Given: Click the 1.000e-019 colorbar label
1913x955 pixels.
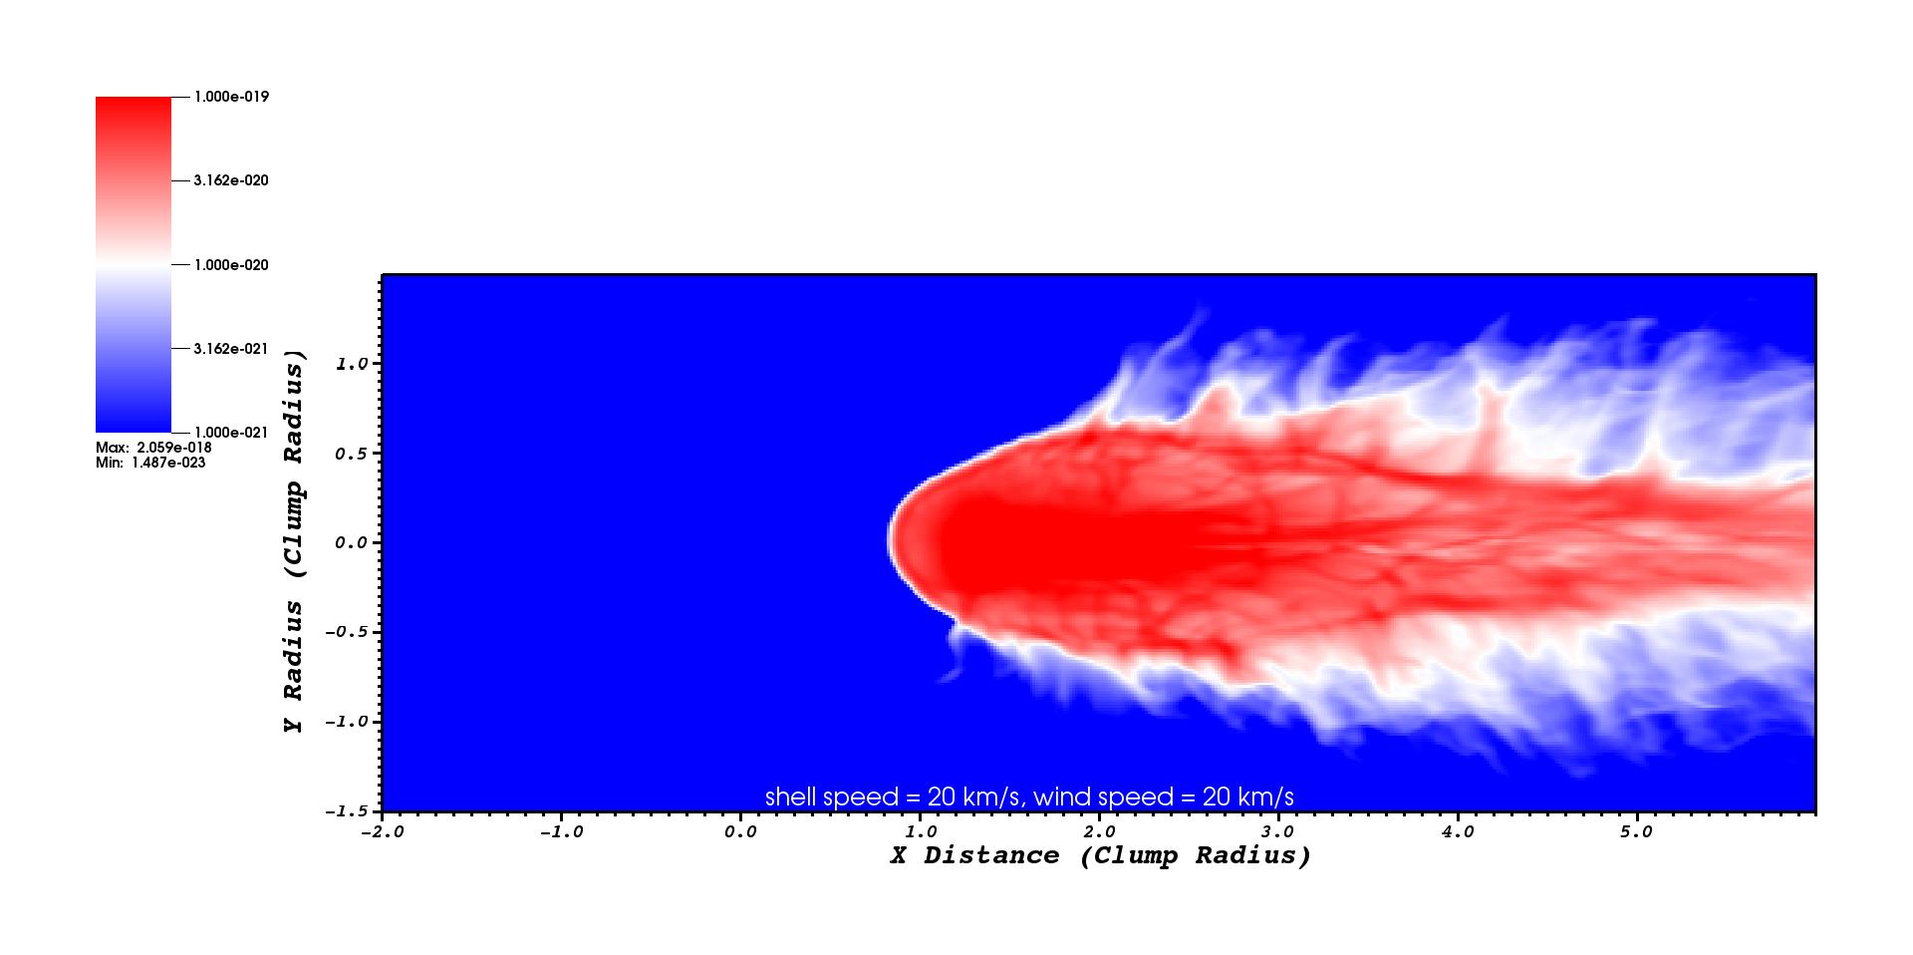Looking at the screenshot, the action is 231,97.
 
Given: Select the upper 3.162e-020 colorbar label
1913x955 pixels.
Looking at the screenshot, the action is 231,180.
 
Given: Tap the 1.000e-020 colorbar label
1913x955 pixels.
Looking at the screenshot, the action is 231,265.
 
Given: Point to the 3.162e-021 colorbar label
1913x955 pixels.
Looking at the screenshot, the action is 231,349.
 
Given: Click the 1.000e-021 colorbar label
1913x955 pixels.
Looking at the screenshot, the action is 231,433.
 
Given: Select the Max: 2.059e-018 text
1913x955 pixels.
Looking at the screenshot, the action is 153,448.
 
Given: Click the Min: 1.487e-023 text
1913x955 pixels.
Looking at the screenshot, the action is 150,463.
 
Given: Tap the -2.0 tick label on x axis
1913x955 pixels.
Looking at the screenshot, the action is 382,831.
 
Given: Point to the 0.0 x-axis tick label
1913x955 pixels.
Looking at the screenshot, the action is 740,831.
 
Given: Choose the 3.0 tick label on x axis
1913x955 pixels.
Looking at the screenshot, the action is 1277,831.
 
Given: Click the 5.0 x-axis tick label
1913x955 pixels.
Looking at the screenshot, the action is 1636,831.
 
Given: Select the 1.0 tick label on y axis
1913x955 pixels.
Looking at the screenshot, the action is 352,364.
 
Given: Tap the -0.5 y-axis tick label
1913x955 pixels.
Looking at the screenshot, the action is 347,632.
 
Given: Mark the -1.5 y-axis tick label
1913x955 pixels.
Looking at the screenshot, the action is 347,811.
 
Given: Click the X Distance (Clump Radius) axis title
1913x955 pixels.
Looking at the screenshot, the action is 1100,855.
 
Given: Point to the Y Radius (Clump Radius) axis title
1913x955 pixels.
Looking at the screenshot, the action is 293,541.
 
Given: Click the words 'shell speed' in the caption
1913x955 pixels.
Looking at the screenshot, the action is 831,797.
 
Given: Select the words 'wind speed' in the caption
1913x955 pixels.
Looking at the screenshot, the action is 1103,797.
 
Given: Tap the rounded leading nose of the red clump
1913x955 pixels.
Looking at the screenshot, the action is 892,539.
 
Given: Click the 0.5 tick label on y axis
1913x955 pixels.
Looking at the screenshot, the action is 352,454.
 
